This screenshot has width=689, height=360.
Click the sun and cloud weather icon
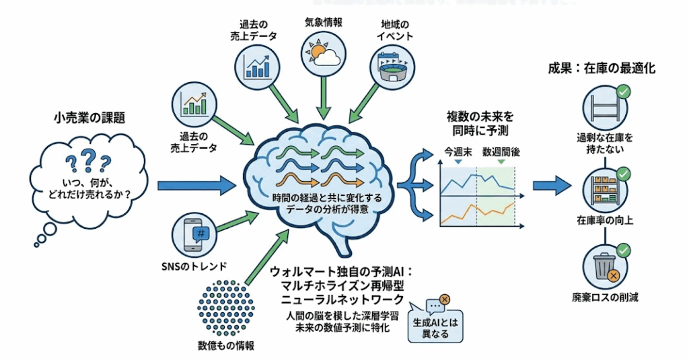pyautogui.click(x=324, y=52)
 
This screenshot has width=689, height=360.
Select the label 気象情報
pyautogui.click(x=324, y=21)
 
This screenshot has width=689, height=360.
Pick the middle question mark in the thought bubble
pyautogui.click(x=85, y=159)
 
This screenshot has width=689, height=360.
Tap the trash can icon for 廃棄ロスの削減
pyautogui.click(x=603, y=266)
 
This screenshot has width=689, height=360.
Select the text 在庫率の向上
pyautogui.click(x=604, y=220)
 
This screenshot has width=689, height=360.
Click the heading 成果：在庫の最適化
pyautogui.click(x=602, y=68)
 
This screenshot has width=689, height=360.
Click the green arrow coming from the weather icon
pyautogui.click(x=324, y=94)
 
